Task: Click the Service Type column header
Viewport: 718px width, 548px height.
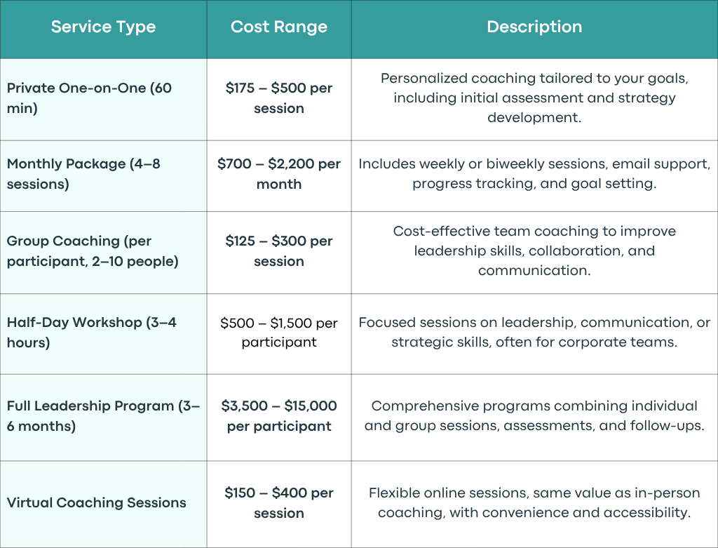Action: tap(103, 27)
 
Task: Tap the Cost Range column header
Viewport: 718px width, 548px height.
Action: tap(279, 27)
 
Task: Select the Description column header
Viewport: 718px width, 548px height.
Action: tap(534, 27)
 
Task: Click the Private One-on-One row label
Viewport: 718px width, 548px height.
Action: tap(89, 98)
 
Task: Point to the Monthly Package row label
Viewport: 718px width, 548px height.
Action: tap(84, 173)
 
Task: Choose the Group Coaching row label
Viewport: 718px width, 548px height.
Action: tap(93, 250)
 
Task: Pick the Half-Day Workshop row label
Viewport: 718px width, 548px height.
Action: tap(92, 332)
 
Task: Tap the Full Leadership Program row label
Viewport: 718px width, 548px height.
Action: tap(104, 415)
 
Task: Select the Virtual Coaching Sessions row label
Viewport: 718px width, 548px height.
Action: tap(97, 502)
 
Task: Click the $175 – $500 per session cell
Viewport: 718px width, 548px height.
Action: tap(279, 98)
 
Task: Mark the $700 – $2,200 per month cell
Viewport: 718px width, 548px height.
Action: tap(279, 173)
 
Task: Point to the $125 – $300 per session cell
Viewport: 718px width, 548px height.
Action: tap(279, 250)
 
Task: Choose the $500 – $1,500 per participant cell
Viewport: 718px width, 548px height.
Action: tap(279, 332)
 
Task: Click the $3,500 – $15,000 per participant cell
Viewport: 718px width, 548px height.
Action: tap(279, 415)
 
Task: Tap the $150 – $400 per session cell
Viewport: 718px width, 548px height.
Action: tap(279, 502)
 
